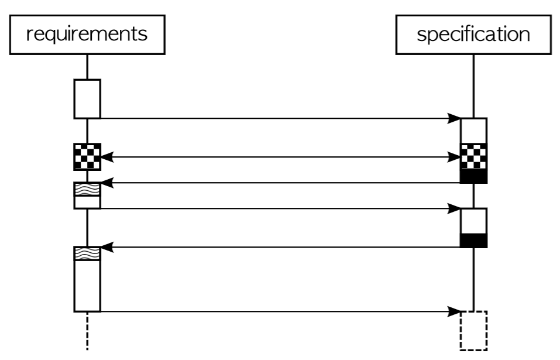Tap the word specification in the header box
click(473, 34)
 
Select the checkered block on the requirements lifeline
click(87, 156)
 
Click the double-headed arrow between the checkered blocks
click(280, 156)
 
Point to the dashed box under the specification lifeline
click(473, 331)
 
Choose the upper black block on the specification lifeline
click(473, 177)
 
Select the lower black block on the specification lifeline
click(473, 241)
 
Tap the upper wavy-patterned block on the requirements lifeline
click(87, 189)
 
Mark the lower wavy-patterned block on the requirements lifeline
click(87, 253)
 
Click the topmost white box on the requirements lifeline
click(87, 98)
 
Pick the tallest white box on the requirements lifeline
click(87, 286)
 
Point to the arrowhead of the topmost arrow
click(455, 119)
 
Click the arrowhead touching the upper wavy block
click(106, 183)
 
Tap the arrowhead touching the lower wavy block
click(106, 248)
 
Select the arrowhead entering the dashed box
click(455, 311)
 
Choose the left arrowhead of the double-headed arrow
click(106, 156)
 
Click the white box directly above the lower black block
click(473, 221)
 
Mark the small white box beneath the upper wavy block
click(87, 202)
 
